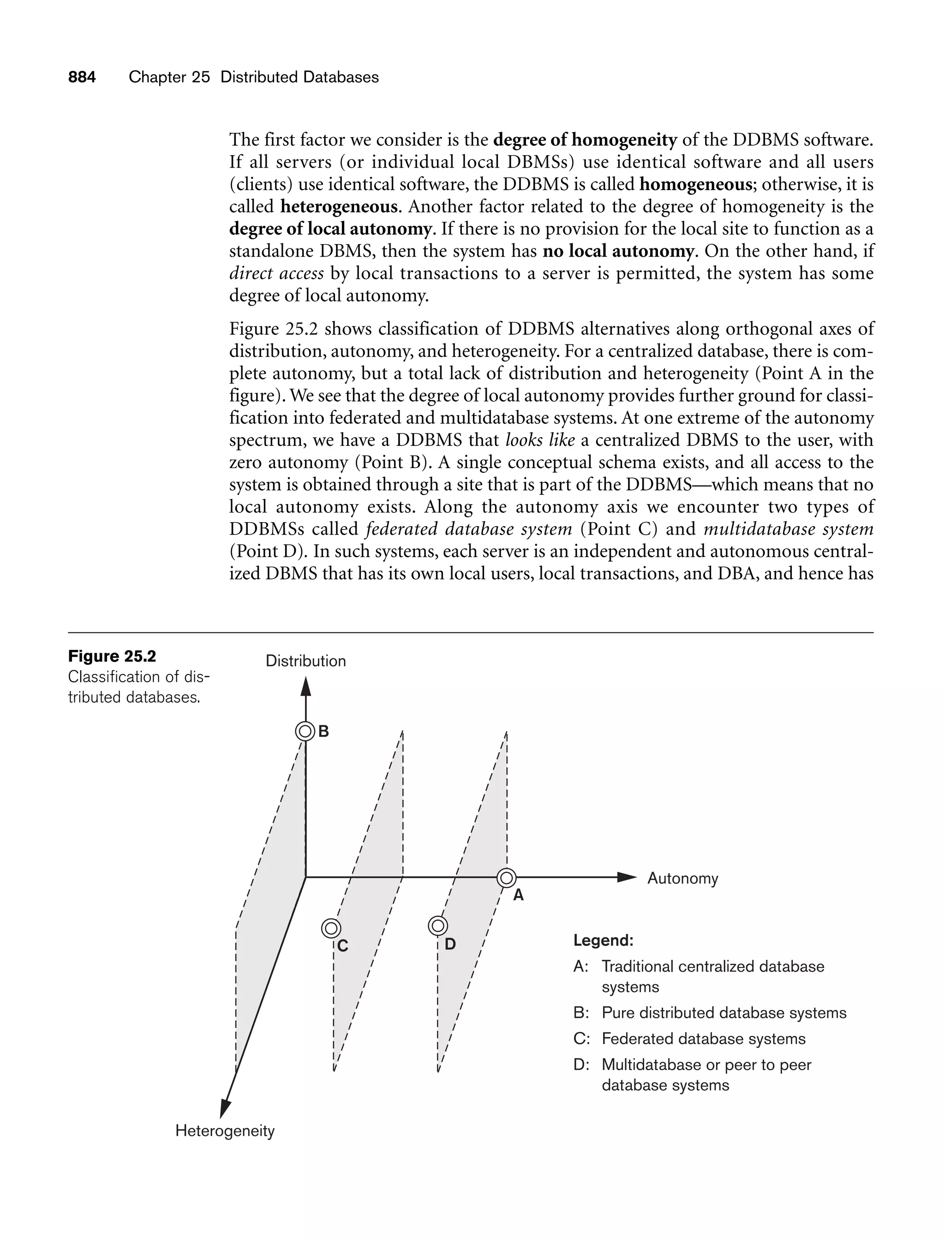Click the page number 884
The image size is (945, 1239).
pyautogui.click(x=82, y=77)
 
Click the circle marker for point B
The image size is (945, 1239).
pyautogui.click(x=305, y=732)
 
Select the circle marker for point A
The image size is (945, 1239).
pyautogui.click(x=506, y=877)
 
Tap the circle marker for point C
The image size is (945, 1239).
pyautogui.click(x=331, y=928)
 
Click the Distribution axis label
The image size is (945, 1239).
pyautogui.click(x=305, y=661)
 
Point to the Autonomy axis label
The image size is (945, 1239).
pyautogui.click(x=682, y=878)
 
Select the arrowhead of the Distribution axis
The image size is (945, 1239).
pyautogui.click(x=305, y=687)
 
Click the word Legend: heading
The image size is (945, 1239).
pyautogui.click(x=603, y=940)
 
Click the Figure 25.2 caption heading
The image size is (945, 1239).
pyautogui.click(x=112, y=656)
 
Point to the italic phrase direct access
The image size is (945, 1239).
pyautogui.click(x=276, y=273)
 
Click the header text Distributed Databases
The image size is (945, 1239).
pyautogui.click(x=299, y=77)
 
